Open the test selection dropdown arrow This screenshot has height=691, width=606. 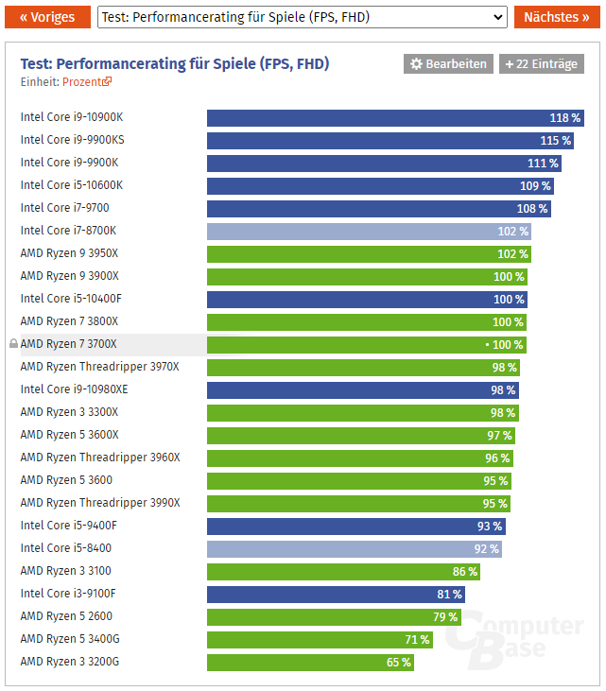(499, 17)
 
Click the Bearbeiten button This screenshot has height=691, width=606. (448, 64)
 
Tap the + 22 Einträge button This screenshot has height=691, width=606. (542, 64)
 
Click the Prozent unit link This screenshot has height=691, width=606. (87, 82)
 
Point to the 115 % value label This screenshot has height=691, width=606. (555, 141)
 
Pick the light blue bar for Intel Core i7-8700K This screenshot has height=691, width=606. (369, 232)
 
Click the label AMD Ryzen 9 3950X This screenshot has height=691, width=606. (69, 254)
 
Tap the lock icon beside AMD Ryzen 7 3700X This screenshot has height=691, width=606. (13, 344)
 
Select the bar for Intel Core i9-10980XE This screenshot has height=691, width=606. (363, 390)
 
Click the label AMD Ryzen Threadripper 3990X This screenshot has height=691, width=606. (99, 503)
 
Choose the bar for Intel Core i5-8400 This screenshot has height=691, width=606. (355, 549)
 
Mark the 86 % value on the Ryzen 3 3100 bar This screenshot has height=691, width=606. (465, 572)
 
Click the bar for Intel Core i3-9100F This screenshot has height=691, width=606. (336, 595)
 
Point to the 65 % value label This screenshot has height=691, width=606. (399, 663)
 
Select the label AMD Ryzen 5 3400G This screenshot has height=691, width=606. (69, 639)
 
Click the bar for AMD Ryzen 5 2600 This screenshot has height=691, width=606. (333, 617)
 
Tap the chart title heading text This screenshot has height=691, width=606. (175, 63)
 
